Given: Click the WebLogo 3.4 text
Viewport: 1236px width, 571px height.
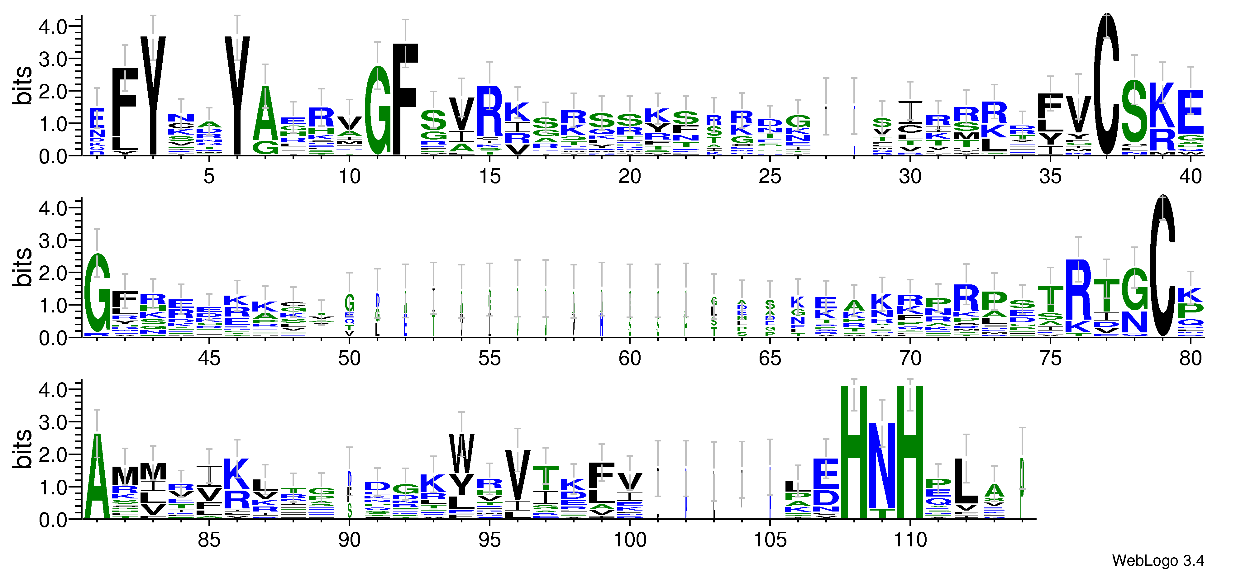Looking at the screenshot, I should pos(1157,560).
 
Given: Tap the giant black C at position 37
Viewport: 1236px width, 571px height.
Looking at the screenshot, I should pos(1106,84).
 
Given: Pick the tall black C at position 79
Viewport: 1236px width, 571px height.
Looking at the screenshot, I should pos(1162,266).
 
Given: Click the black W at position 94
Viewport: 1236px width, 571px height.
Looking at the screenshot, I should pos(461,454).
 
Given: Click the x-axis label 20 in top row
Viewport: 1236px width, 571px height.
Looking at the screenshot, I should pos(629,177).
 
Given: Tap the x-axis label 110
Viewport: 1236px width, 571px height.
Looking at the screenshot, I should pos(910,540).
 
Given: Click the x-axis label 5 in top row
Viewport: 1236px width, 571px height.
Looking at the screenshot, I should pos(209,177).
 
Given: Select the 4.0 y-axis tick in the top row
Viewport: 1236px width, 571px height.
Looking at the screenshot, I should pos(53,26).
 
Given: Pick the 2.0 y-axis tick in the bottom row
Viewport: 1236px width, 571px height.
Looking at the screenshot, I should pos(53,454).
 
